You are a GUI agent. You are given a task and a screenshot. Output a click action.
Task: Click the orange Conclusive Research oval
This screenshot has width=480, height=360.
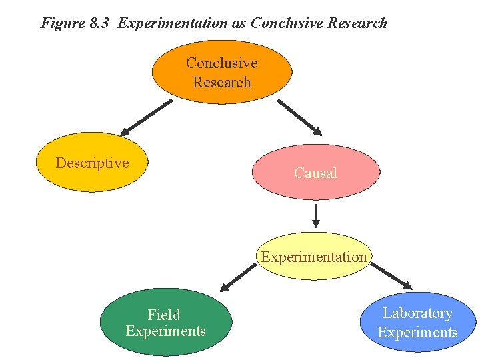click(222, 72)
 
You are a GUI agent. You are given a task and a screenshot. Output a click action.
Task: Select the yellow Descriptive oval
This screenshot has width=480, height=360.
click(91, 163)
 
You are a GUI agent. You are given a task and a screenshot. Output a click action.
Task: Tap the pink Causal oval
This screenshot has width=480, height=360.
click(315, 173)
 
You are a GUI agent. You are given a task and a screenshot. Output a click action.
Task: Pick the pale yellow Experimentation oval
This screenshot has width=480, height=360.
click(314, 257)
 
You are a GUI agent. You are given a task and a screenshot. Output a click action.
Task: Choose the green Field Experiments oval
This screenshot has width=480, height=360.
click(165, 322)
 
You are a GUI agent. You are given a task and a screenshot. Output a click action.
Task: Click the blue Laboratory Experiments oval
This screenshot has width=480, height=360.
click(417, 323)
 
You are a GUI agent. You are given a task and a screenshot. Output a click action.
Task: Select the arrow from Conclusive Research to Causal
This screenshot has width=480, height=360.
click(300, 117)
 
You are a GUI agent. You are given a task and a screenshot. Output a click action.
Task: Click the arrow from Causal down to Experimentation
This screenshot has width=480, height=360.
click(316, 215)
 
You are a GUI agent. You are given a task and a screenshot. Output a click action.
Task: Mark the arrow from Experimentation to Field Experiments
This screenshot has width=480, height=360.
click(238, 277)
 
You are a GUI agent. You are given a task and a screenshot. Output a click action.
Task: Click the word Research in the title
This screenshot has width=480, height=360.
click(357, 23)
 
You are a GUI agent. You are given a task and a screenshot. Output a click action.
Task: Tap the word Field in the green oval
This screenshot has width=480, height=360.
click(164, 314)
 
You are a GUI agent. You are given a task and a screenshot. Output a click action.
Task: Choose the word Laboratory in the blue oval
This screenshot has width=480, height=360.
click(417, 313)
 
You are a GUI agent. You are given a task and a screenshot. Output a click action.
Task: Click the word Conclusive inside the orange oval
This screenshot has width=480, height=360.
click(222, 63)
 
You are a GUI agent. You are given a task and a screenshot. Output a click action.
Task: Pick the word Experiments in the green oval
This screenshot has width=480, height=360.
click(165, 331)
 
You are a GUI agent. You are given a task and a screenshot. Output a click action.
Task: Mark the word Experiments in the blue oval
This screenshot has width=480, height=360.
click(417, 332)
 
